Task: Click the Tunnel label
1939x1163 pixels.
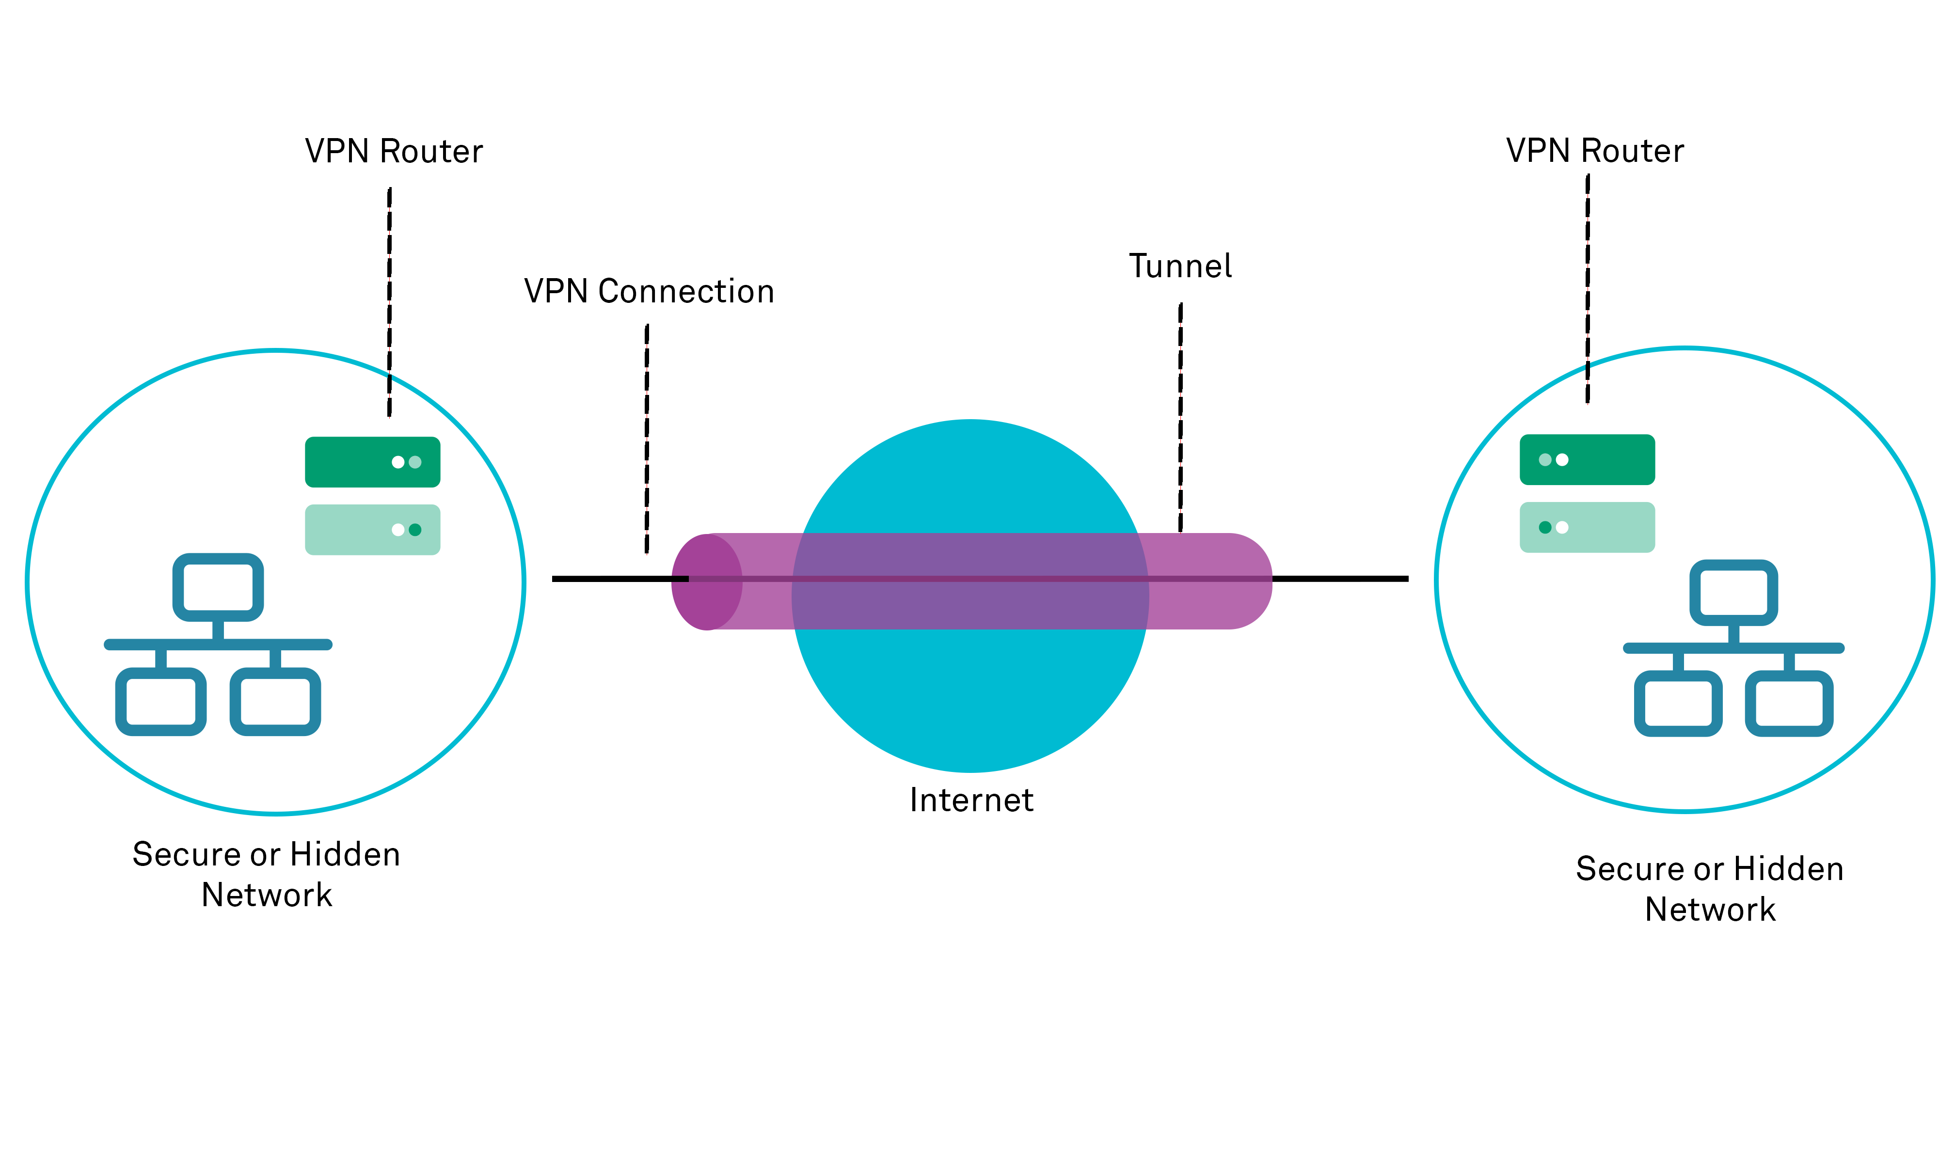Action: (1179, 267)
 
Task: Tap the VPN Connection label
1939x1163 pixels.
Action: (649, 292)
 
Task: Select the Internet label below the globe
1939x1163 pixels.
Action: (971, 800)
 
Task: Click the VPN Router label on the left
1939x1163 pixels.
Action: (394, 151)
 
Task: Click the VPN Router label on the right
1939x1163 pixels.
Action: (1594, 151)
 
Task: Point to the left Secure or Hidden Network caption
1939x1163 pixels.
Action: (267, 874)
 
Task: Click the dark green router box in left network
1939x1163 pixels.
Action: (372, 462)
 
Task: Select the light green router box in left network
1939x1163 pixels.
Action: (372, 530)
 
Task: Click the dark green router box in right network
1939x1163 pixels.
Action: (1587, 460)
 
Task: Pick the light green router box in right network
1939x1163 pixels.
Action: (1587, 527)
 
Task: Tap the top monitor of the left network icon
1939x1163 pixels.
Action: (218, 587)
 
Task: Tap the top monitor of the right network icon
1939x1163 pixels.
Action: (1733, 593)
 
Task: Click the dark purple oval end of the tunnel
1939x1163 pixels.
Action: (705, 582)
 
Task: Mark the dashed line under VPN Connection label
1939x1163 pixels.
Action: (647, 439)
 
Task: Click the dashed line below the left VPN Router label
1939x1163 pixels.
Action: (390, 302)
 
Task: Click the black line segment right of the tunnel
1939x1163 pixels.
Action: (1340, 579)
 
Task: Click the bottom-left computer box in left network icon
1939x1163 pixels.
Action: (160, 701)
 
